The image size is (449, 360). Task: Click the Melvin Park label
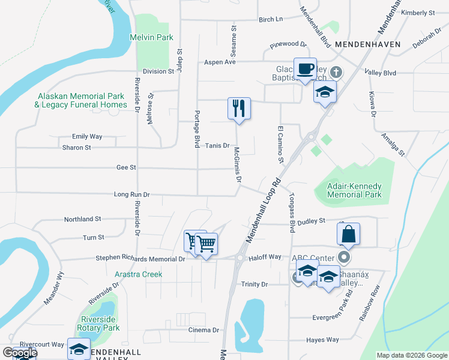151,37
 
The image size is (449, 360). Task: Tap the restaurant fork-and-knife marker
239,109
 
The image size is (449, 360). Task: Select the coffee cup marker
305,68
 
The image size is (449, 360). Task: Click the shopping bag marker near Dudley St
349,235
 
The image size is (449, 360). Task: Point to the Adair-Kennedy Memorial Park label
354,190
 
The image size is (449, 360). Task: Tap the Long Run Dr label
131,194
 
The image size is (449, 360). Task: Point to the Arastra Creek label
138,274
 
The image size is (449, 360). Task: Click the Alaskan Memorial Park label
81,100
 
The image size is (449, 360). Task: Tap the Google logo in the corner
19,353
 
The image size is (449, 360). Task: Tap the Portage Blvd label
196,130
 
